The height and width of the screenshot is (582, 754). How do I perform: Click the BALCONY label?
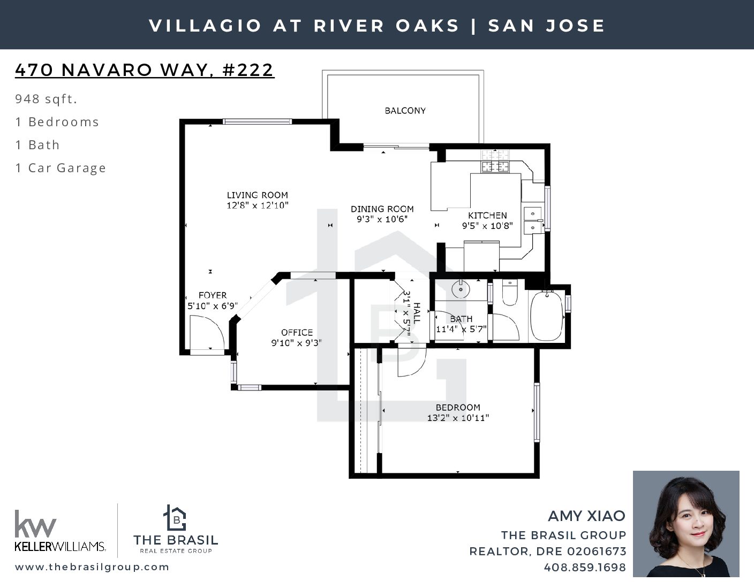405,111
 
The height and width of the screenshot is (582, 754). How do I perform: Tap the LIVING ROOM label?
258,195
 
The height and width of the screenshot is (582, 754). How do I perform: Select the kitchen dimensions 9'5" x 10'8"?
487,226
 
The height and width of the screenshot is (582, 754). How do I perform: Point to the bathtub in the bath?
547,316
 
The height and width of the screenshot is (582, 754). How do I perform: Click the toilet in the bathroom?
510,292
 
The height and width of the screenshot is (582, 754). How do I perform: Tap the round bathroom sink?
461,289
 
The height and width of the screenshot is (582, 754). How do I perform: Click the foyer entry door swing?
207,333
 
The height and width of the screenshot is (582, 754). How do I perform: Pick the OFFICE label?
297,332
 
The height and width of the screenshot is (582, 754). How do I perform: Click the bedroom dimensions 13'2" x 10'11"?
458,418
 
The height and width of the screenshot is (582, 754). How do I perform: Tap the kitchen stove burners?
495,160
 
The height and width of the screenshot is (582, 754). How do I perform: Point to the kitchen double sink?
533,220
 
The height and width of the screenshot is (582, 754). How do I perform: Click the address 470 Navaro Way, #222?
145,70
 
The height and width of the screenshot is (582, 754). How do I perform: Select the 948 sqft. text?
46,99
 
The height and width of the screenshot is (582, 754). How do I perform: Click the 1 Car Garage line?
61,168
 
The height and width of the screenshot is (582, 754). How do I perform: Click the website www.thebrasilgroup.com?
92,566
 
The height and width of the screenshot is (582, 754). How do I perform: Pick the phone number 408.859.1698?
585,567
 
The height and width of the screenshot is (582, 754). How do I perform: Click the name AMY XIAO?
586,516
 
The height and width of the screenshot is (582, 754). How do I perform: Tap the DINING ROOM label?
382,209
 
